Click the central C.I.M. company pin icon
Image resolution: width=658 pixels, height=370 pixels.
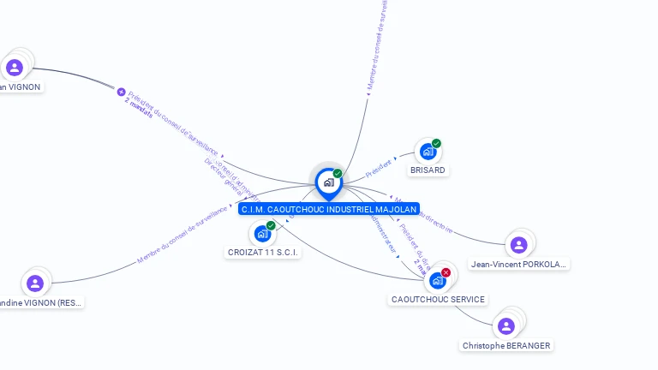tap(328, 182)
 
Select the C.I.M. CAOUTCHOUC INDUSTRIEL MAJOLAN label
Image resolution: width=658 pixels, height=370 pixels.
tap(329, 209)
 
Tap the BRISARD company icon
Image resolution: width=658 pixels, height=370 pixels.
tap(428, 152)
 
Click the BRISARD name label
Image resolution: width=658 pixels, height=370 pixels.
tap(428, 170)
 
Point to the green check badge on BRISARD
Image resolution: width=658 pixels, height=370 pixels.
tap(436, 143)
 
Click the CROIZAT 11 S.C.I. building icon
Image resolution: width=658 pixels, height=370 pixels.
tap(262, 234)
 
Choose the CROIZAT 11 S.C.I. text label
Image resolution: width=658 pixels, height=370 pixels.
tap(263, 253)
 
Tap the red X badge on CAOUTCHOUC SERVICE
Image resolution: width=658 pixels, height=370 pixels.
tap(446, 272)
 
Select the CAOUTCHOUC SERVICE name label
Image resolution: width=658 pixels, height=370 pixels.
tap(438, 300)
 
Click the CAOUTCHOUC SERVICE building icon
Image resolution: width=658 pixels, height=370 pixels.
tap(438, 280)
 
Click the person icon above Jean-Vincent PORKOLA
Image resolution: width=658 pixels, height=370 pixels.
tap(518, 245)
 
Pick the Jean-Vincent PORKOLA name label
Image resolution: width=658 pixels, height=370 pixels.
tap(518, 265)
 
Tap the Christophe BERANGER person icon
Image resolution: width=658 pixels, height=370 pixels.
tap(506, 325)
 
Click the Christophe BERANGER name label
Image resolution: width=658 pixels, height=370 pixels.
tap(506, 346)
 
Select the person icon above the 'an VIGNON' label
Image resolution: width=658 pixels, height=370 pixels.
tap(15, 67)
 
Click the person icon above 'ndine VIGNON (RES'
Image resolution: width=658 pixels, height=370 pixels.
tap(35, 283)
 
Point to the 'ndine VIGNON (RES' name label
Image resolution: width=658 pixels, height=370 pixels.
tap(41, 303)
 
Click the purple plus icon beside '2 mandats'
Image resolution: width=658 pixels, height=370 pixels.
tap(121, 92)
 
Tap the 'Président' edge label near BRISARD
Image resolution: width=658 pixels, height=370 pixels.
tap(378, 168)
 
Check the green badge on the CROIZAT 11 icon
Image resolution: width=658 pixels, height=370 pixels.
tap(271, 225)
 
